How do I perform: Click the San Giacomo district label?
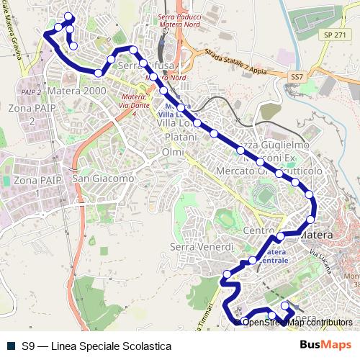103,178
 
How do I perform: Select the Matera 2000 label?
77,91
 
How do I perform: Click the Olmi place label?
174,153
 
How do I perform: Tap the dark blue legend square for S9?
9,346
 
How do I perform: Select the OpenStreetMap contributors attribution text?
297,322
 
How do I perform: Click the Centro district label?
258,230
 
